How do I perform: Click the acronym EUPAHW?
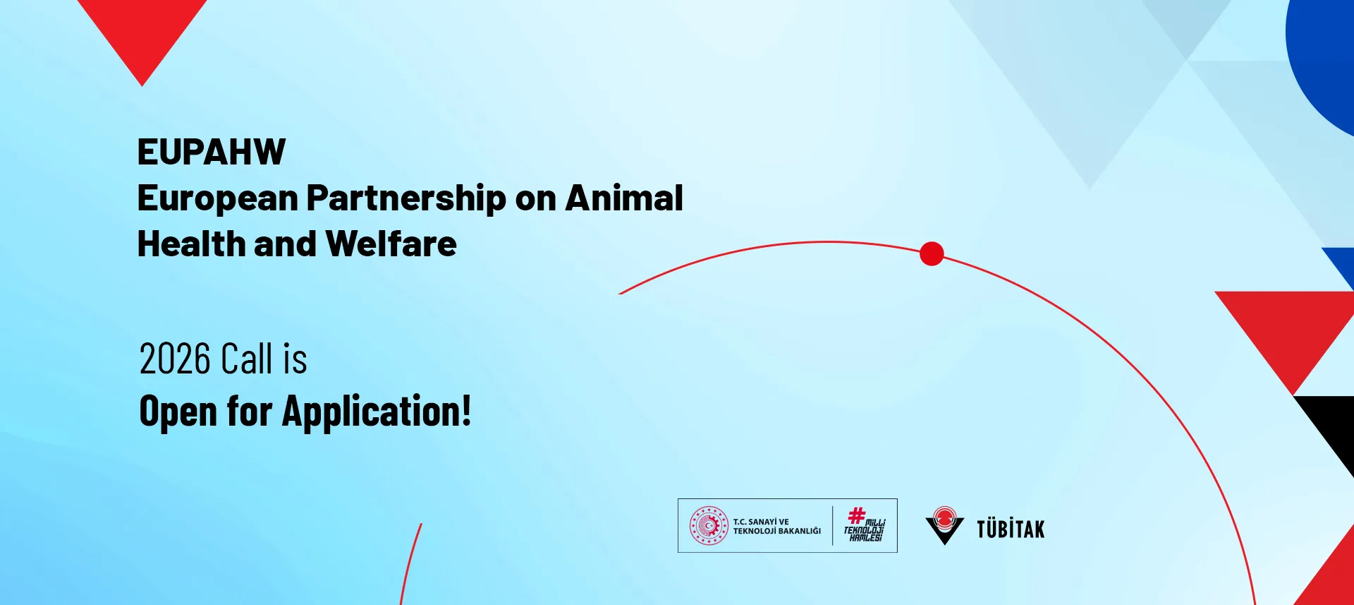pos(212,152)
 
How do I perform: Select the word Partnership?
pos(406,199)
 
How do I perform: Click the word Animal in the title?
pos(624,198)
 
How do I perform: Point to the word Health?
pos(192,244)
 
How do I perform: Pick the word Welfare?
pos(391,244)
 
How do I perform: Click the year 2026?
pos(176,359)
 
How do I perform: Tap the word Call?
pos(246,359)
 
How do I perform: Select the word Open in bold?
pos(178,412)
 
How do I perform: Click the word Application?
pos(377,412)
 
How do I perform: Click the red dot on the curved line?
pos(932,253)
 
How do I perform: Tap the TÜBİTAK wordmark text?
pos(1011,529)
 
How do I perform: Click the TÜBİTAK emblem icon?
pos(944,526)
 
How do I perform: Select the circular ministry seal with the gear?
pos(709,526)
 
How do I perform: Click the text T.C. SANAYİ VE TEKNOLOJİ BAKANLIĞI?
pos(776,527)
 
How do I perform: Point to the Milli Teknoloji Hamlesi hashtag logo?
pos(865,525)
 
